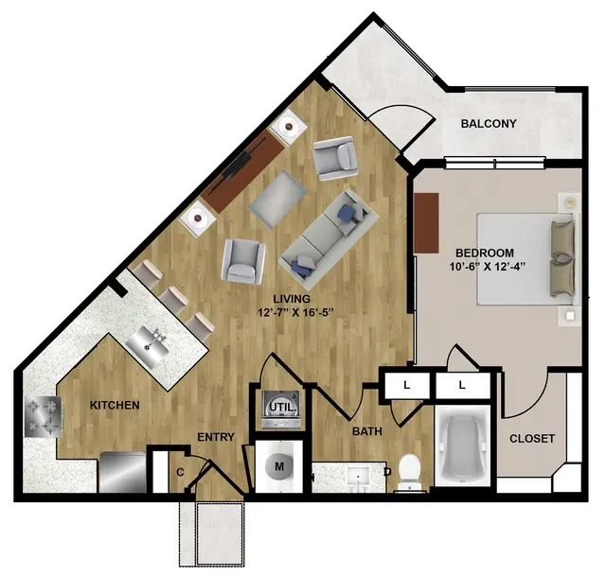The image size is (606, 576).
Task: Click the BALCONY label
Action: pyautogui.click(x=489, y=124)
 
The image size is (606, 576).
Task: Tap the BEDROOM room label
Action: pyautogui.click(x=485, y=253)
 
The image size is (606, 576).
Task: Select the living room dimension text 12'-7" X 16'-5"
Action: pyautogui.click(x=295, y=312)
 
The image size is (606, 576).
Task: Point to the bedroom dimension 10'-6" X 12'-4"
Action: pyautogui.click(x=489, y=267)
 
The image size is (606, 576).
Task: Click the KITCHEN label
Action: pyautogui.click(x=115, y=406)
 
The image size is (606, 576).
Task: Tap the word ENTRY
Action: pyautogui.click(x=216, y=437)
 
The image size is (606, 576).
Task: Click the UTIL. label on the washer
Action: pyautogui.click(x=283, y=407)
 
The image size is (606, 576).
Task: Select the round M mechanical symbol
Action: pyautogui.click(x=279, y=466)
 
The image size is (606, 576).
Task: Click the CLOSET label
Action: pyautogui.click(x=532, y=439)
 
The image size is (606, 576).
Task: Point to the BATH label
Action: pyautogui.click(x=367, y=431)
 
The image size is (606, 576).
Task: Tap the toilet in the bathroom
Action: pyautogui.click(x=409, y=472)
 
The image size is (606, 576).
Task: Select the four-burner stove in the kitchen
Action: pyautogui.click(x=43, y=416)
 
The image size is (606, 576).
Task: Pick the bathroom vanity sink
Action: pyautogui.click(x=358, y=477)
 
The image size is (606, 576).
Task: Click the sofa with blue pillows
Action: pyautogui.click(x=329, y=239)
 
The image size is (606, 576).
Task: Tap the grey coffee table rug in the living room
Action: pyautogui.click(x=277, y=200)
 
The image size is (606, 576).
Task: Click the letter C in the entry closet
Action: pyautogui.click(x=180, y=472)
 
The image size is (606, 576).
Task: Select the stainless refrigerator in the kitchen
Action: pyautogui.click(x=123, y=472)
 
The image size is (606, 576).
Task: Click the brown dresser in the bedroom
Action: pyautogui.click(x=427, y=223)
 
